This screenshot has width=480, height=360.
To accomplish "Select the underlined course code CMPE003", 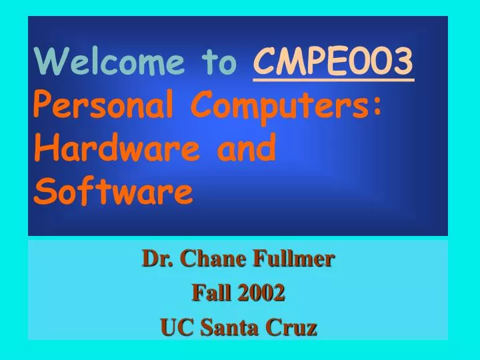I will [x=333, y=63].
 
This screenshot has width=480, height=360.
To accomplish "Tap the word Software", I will [x=113, y=193].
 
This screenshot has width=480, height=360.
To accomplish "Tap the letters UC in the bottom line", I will [x=175, y=327].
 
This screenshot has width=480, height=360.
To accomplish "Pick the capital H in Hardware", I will [x=43, y=149].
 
